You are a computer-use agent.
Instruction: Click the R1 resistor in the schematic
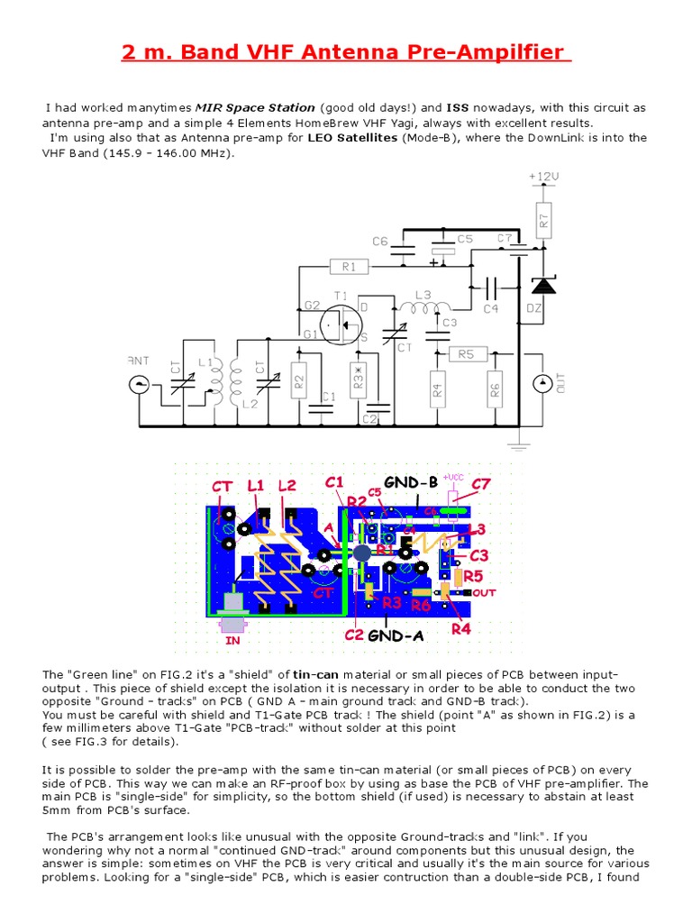pyautogui.click(x=350, y=267)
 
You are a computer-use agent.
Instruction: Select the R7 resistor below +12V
pyautogui.click(x=542, y=217)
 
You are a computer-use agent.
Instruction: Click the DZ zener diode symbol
pyautogui.click(x=542, y=286)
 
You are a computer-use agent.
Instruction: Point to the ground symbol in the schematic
pyautogui.click(x=519, y=442)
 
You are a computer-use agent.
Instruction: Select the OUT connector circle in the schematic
pyautogui.click(x=542, y=385)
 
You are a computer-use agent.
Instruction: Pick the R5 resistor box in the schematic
pyautogui.click(x=465, y=354)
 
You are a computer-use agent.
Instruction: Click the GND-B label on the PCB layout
pyautogui.click(x=410, y=482)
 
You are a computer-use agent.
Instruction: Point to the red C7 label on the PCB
pyautogui.click(x=482, y=485)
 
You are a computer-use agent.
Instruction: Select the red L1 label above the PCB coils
pyautogui.click(x=256, y=486)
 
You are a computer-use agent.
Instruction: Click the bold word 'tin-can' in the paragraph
pyautogui.click(x=314, y=674)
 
